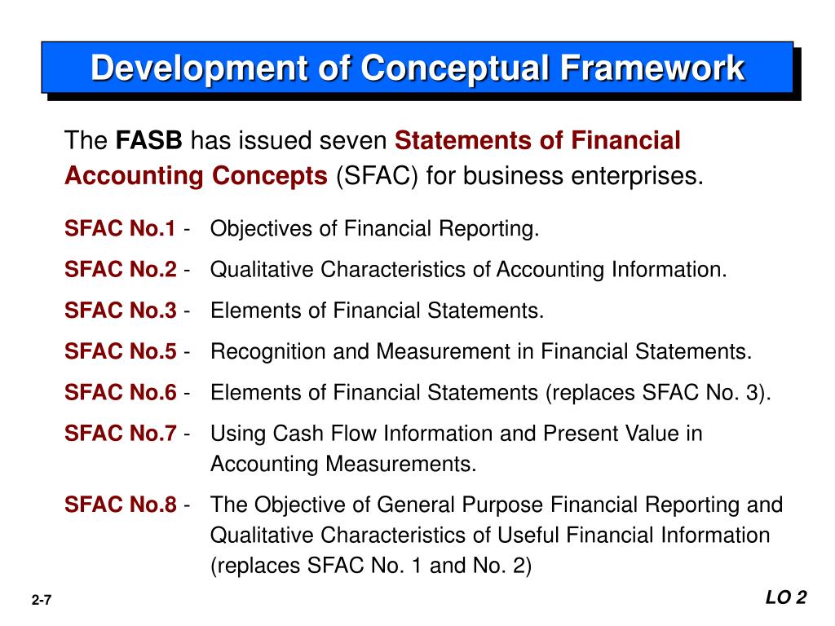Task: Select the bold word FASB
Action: [148, 141]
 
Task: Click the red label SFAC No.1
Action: [120, 229]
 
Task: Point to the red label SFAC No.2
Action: [120, 270]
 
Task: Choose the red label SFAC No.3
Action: [120, 311]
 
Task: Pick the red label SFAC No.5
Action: [120, 351]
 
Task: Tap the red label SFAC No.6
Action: [120, 392]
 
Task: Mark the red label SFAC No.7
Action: [120, 433]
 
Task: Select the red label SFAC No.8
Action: [120, 505]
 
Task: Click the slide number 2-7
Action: [42, 601]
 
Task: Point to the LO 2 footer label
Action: [785, 598]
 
